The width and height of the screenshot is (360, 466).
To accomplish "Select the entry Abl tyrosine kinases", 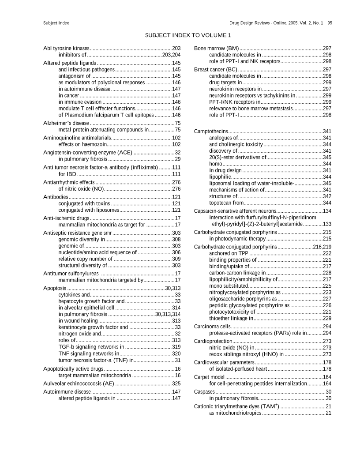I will tap(66, 48).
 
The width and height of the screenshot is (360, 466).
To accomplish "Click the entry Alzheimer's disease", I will tap(66, 123).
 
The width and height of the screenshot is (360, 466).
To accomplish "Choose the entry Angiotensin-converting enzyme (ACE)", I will tap(81, 153).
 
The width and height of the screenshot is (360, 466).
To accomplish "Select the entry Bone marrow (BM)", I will tap(217, 48).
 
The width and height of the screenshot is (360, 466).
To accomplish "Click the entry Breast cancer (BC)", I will tap(216, 70).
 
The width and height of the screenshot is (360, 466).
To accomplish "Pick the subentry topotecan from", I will tap(226, 203).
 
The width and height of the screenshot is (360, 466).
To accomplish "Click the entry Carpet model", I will tap(209, 377).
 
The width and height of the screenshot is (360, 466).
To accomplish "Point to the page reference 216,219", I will tap(322, 247).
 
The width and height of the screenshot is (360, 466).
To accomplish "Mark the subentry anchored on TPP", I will tap(229, 253).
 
